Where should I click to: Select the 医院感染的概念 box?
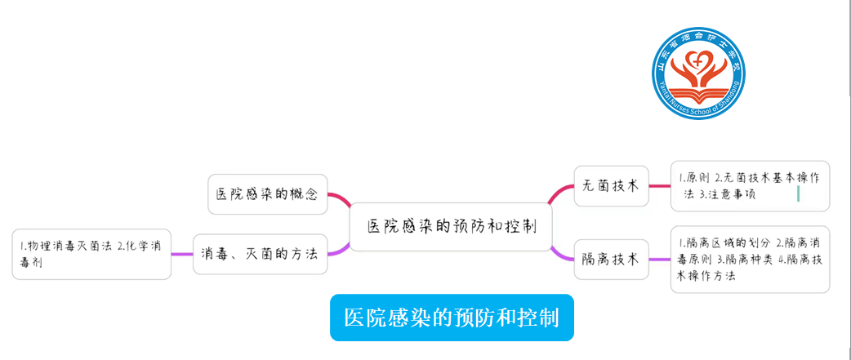(x=267, y=194)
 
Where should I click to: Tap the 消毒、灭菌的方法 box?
(x=260, y=254)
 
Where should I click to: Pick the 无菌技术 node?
(x=611, y=185)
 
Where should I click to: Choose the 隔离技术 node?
(x=611, y=260)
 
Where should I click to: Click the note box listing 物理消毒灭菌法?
(x=91, y=254)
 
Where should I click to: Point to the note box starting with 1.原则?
(x=749, y=186)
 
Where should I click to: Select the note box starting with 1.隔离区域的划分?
(x=749, y=259)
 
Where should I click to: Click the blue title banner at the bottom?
(x=452, y=318)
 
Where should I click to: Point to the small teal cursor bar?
(x=798, y=193)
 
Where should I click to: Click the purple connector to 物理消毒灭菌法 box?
(x=182, y=255)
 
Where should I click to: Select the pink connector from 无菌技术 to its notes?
(x=659, y=185)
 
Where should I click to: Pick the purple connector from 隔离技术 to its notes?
(x=659, y=260)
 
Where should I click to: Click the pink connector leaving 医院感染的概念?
(x=338, y=198)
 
